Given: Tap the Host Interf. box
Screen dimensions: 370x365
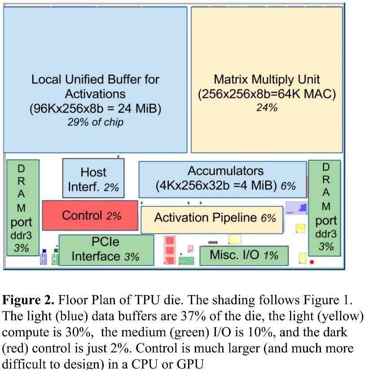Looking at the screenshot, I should pos(93,179).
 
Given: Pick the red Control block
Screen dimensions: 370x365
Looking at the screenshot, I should pos(90,216).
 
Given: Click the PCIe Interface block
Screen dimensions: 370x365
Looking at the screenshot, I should pos(106,250).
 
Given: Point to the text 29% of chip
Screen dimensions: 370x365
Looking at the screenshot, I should pos(95,122).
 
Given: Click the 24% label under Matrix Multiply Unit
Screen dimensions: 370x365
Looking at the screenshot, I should pos(267,108).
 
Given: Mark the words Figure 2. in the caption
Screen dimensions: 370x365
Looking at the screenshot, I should pos(28,300).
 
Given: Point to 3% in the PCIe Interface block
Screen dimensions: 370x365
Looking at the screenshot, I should pos(132,257).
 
